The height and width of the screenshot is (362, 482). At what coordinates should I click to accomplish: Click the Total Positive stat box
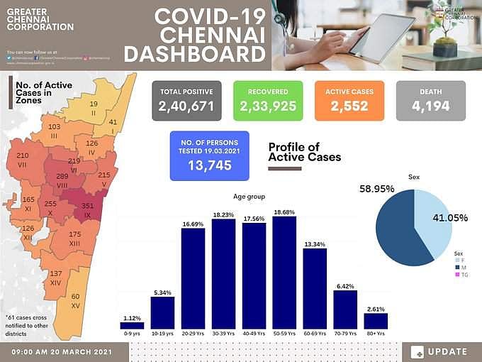186,100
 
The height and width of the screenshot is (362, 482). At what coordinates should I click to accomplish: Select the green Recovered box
268,100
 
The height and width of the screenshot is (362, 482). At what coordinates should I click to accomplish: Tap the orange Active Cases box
349,100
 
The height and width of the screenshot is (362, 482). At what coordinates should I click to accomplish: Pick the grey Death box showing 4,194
430,100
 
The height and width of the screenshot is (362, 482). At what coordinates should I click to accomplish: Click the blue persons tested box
210,155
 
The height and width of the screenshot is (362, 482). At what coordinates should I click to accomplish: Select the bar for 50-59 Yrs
284,273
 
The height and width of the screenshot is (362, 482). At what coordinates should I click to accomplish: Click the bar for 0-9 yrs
132,325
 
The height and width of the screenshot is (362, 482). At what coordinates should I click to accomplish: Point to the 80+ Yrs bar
376,320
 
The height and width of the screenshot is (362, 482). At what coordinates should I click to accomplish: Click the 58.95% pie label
377,189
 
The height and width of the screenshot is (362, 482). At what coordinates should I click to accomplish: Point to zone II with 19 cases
93,109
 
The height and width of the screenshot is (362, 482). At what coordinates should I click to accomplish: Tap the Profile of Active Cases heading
304,152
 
